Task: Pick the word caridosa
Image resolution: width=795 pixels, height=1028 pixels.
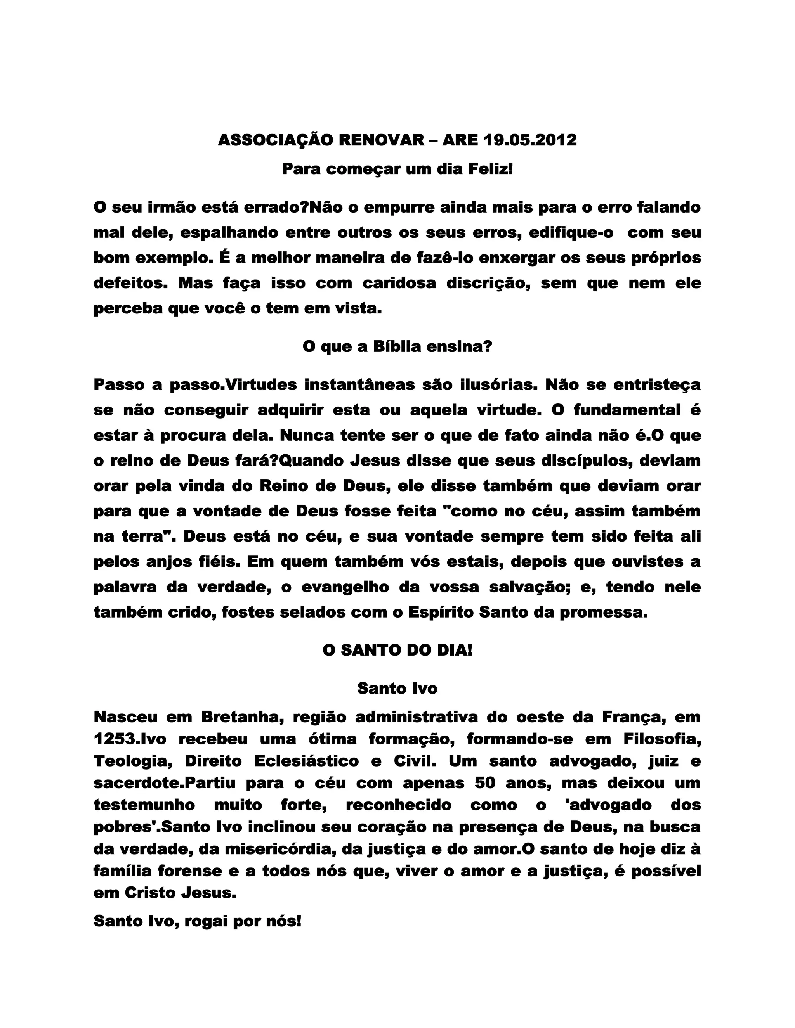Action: [399, 283]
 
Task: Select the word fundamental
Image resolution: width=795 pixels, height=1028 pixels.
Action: [627, 410]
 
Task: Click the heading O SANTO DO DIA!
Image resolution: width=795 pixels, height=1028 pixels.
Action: [397, 651]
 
